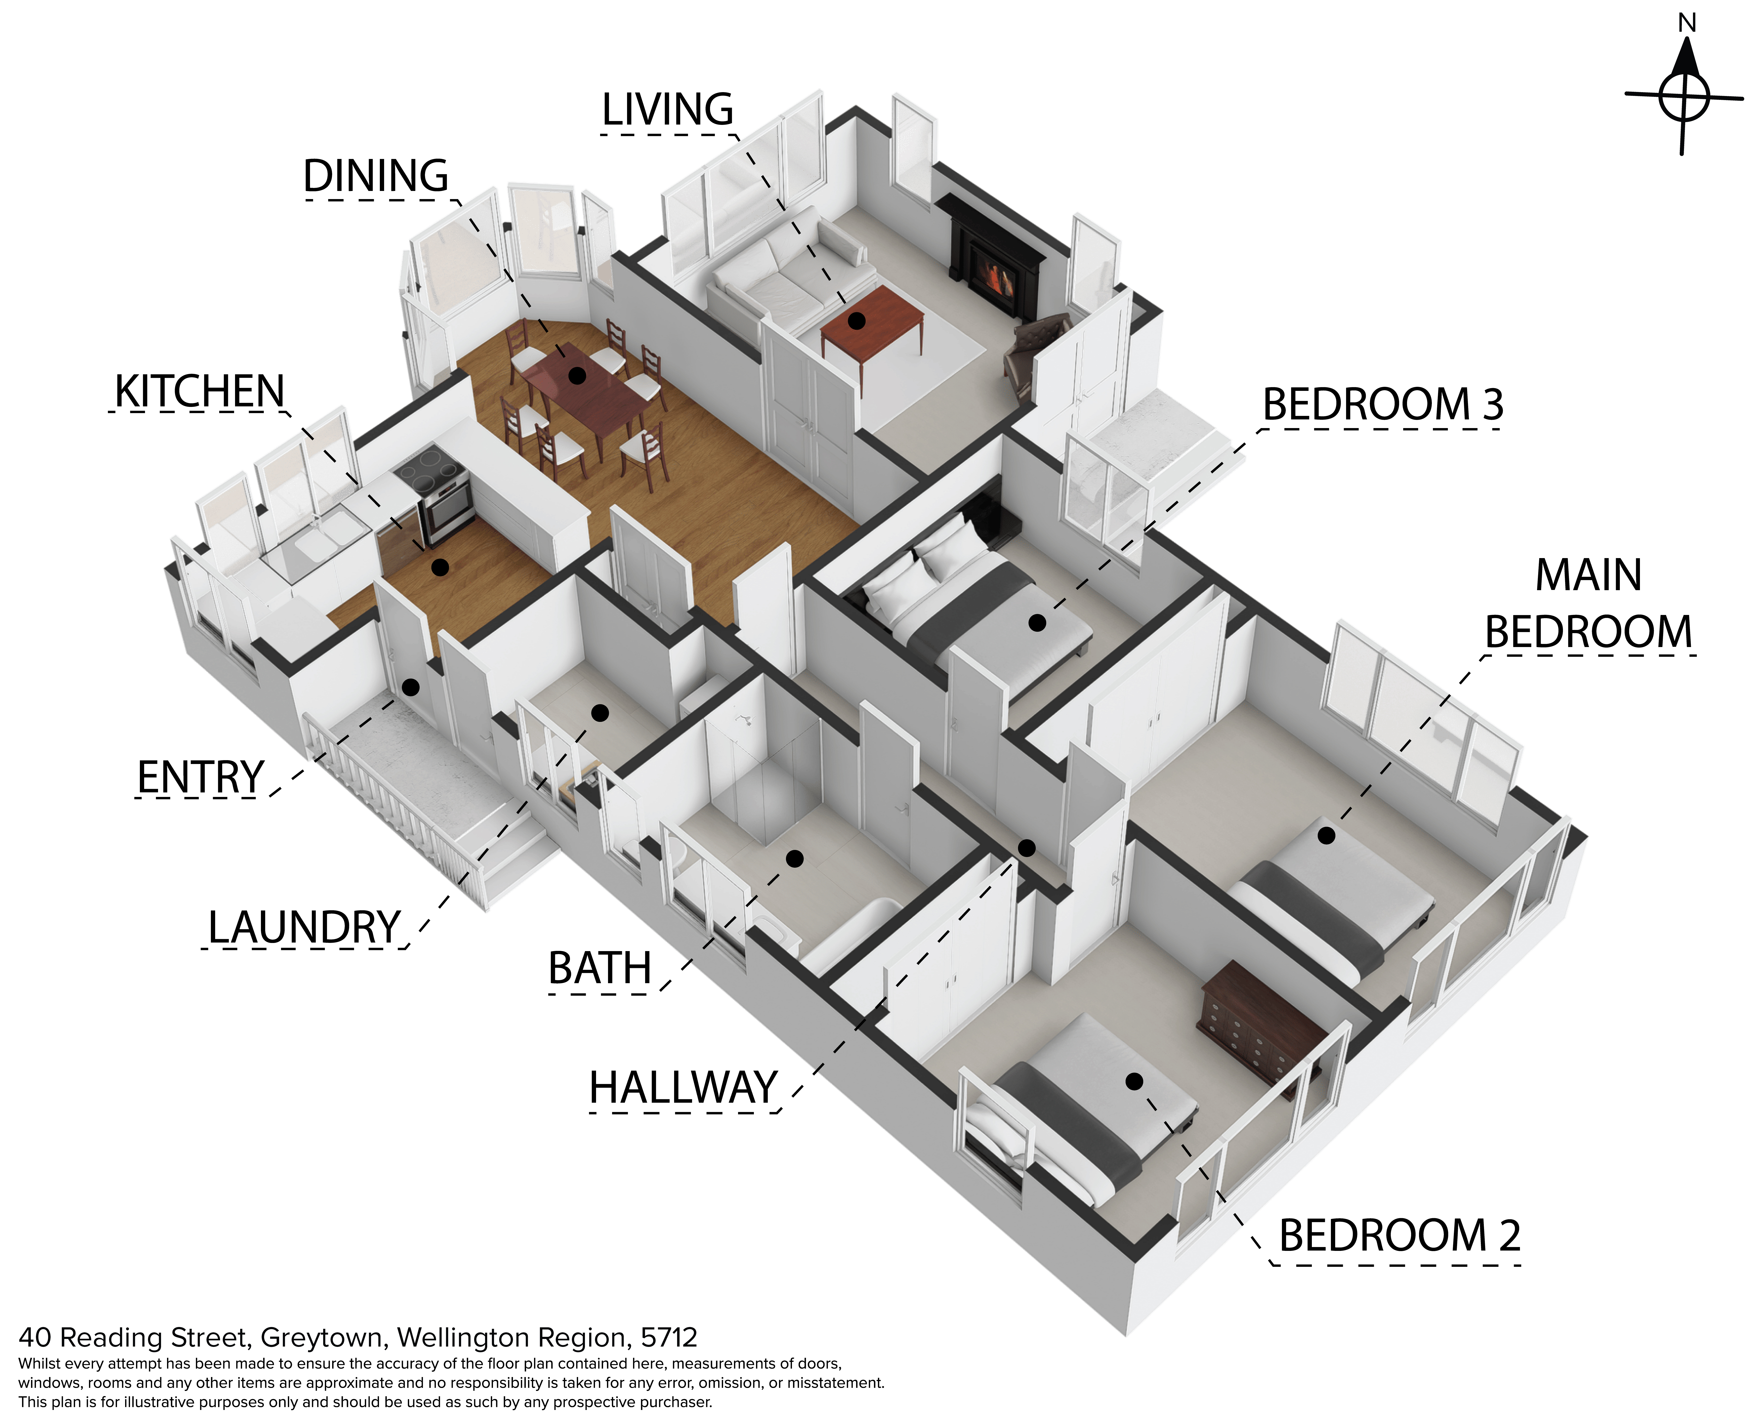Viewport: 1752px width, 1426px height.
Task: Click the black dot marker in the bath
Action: pos(794,858)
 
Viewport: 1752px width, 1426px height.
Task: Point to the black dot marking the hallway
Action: pos(1027,848)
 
